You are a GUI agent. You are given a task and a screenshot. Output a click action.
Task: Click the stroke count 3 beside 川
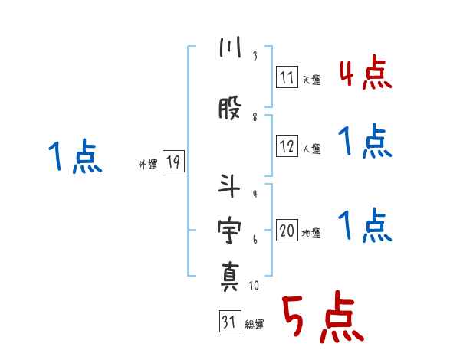[255, 57]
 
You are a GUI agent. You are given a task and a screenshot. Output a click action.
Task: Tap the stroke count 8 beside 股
[255, 116]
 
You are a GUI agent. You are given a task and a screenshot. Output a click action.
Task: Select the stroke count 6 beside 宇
[255, 240]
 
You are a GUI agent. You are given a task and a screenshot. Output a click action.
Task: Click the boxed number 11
[287, 77]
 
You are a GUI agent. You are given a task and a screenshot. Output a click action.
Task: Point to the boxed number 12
[287, 147]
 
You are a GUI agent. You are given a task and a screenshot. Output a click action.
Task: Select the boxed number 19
[173, 162]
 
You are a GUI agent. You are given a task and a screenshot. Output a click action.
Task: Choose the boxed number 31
[229, 322]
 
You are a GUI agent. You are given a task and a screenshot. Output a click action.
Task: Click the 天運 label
[311, 79]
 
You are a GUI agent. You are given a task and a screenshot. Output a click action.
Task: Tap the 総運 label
[255, 325]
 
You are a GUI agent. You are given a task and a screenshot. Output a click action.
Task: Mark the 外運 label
[147, 164]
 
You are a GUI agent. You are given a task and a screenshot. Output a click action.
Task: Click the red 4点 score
[365, 74]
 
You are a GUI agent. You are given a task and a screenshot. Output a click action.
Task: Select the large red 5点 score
[321, 319]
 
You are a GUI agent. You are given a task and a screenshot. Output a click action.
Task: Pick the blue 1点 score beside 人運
[365, 142]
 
